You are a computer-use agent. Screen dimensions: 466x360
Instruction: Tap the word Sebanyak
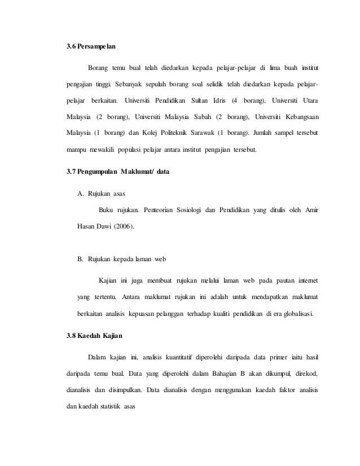[x=129, y=85]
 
